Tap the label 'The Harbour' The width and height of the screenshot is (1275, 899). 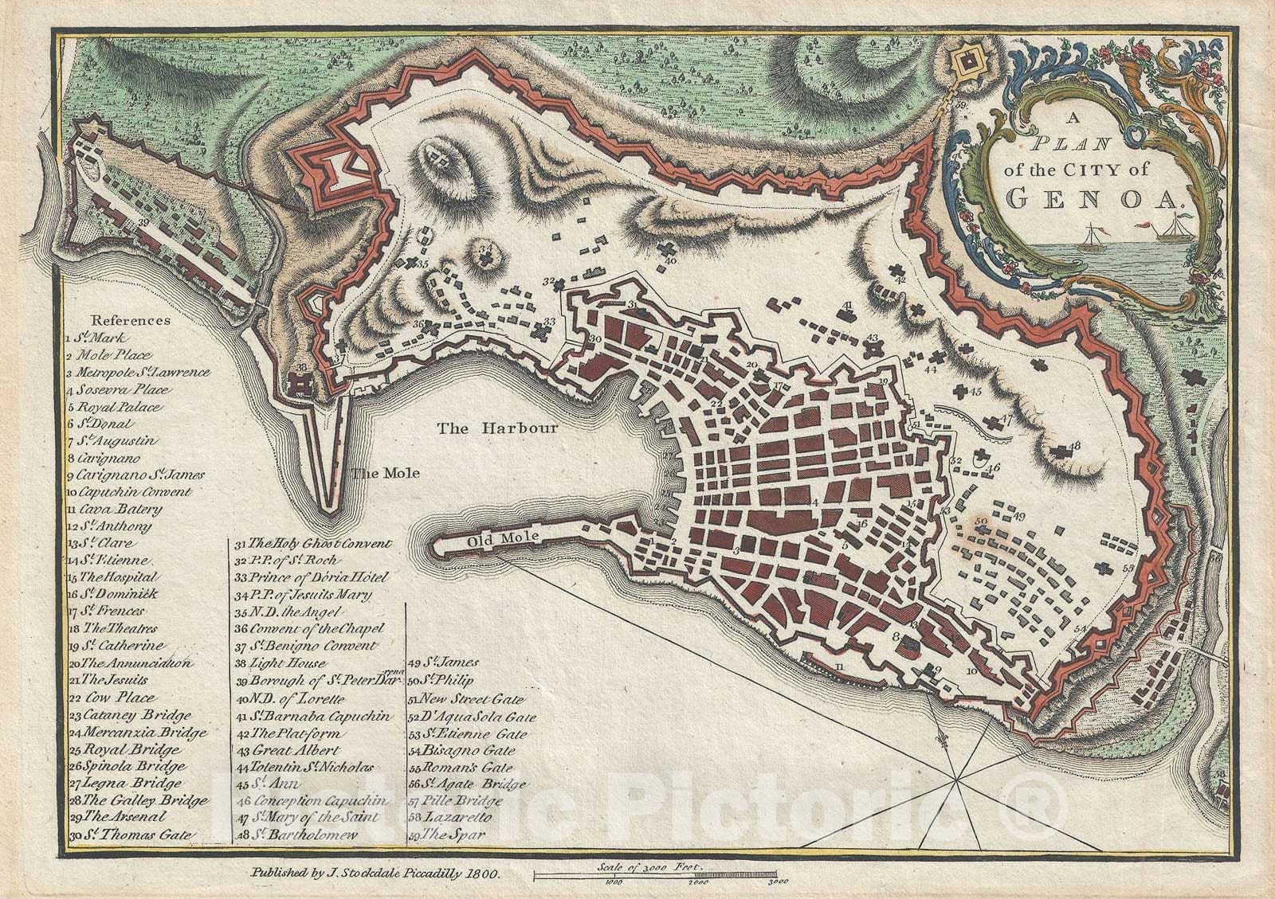496,428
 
